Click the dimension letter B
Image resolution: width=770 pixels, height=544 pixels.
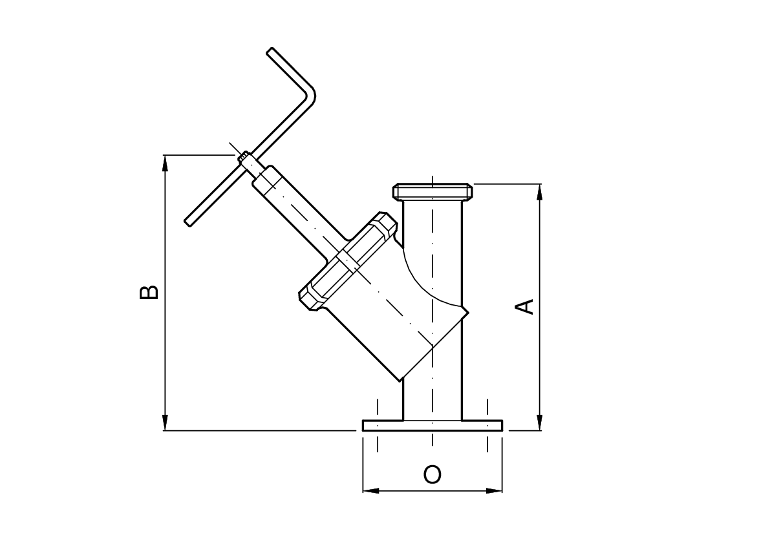coord(149,292)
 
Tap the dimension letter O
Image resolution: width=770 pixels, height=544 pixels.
coord(432,474)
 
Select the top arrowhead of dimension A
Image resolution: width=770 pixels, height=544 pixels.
coord(540,192)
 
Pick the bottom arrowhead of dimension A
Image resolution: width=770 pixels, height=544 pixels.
coord(540,423)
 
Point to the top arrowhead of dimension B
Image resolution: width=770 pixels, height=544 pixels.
coord(166,163)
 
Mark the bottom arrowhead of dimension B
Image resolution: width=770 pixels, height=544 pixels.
coord(166,423)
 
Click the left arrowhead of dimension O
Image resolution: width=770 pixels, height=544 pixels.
coord(370,490)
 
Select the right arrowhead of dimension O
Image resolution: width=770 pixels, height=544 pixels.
coord(494,490)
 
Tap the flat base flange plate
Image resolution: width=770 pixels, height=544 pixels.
coord(432,425)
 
